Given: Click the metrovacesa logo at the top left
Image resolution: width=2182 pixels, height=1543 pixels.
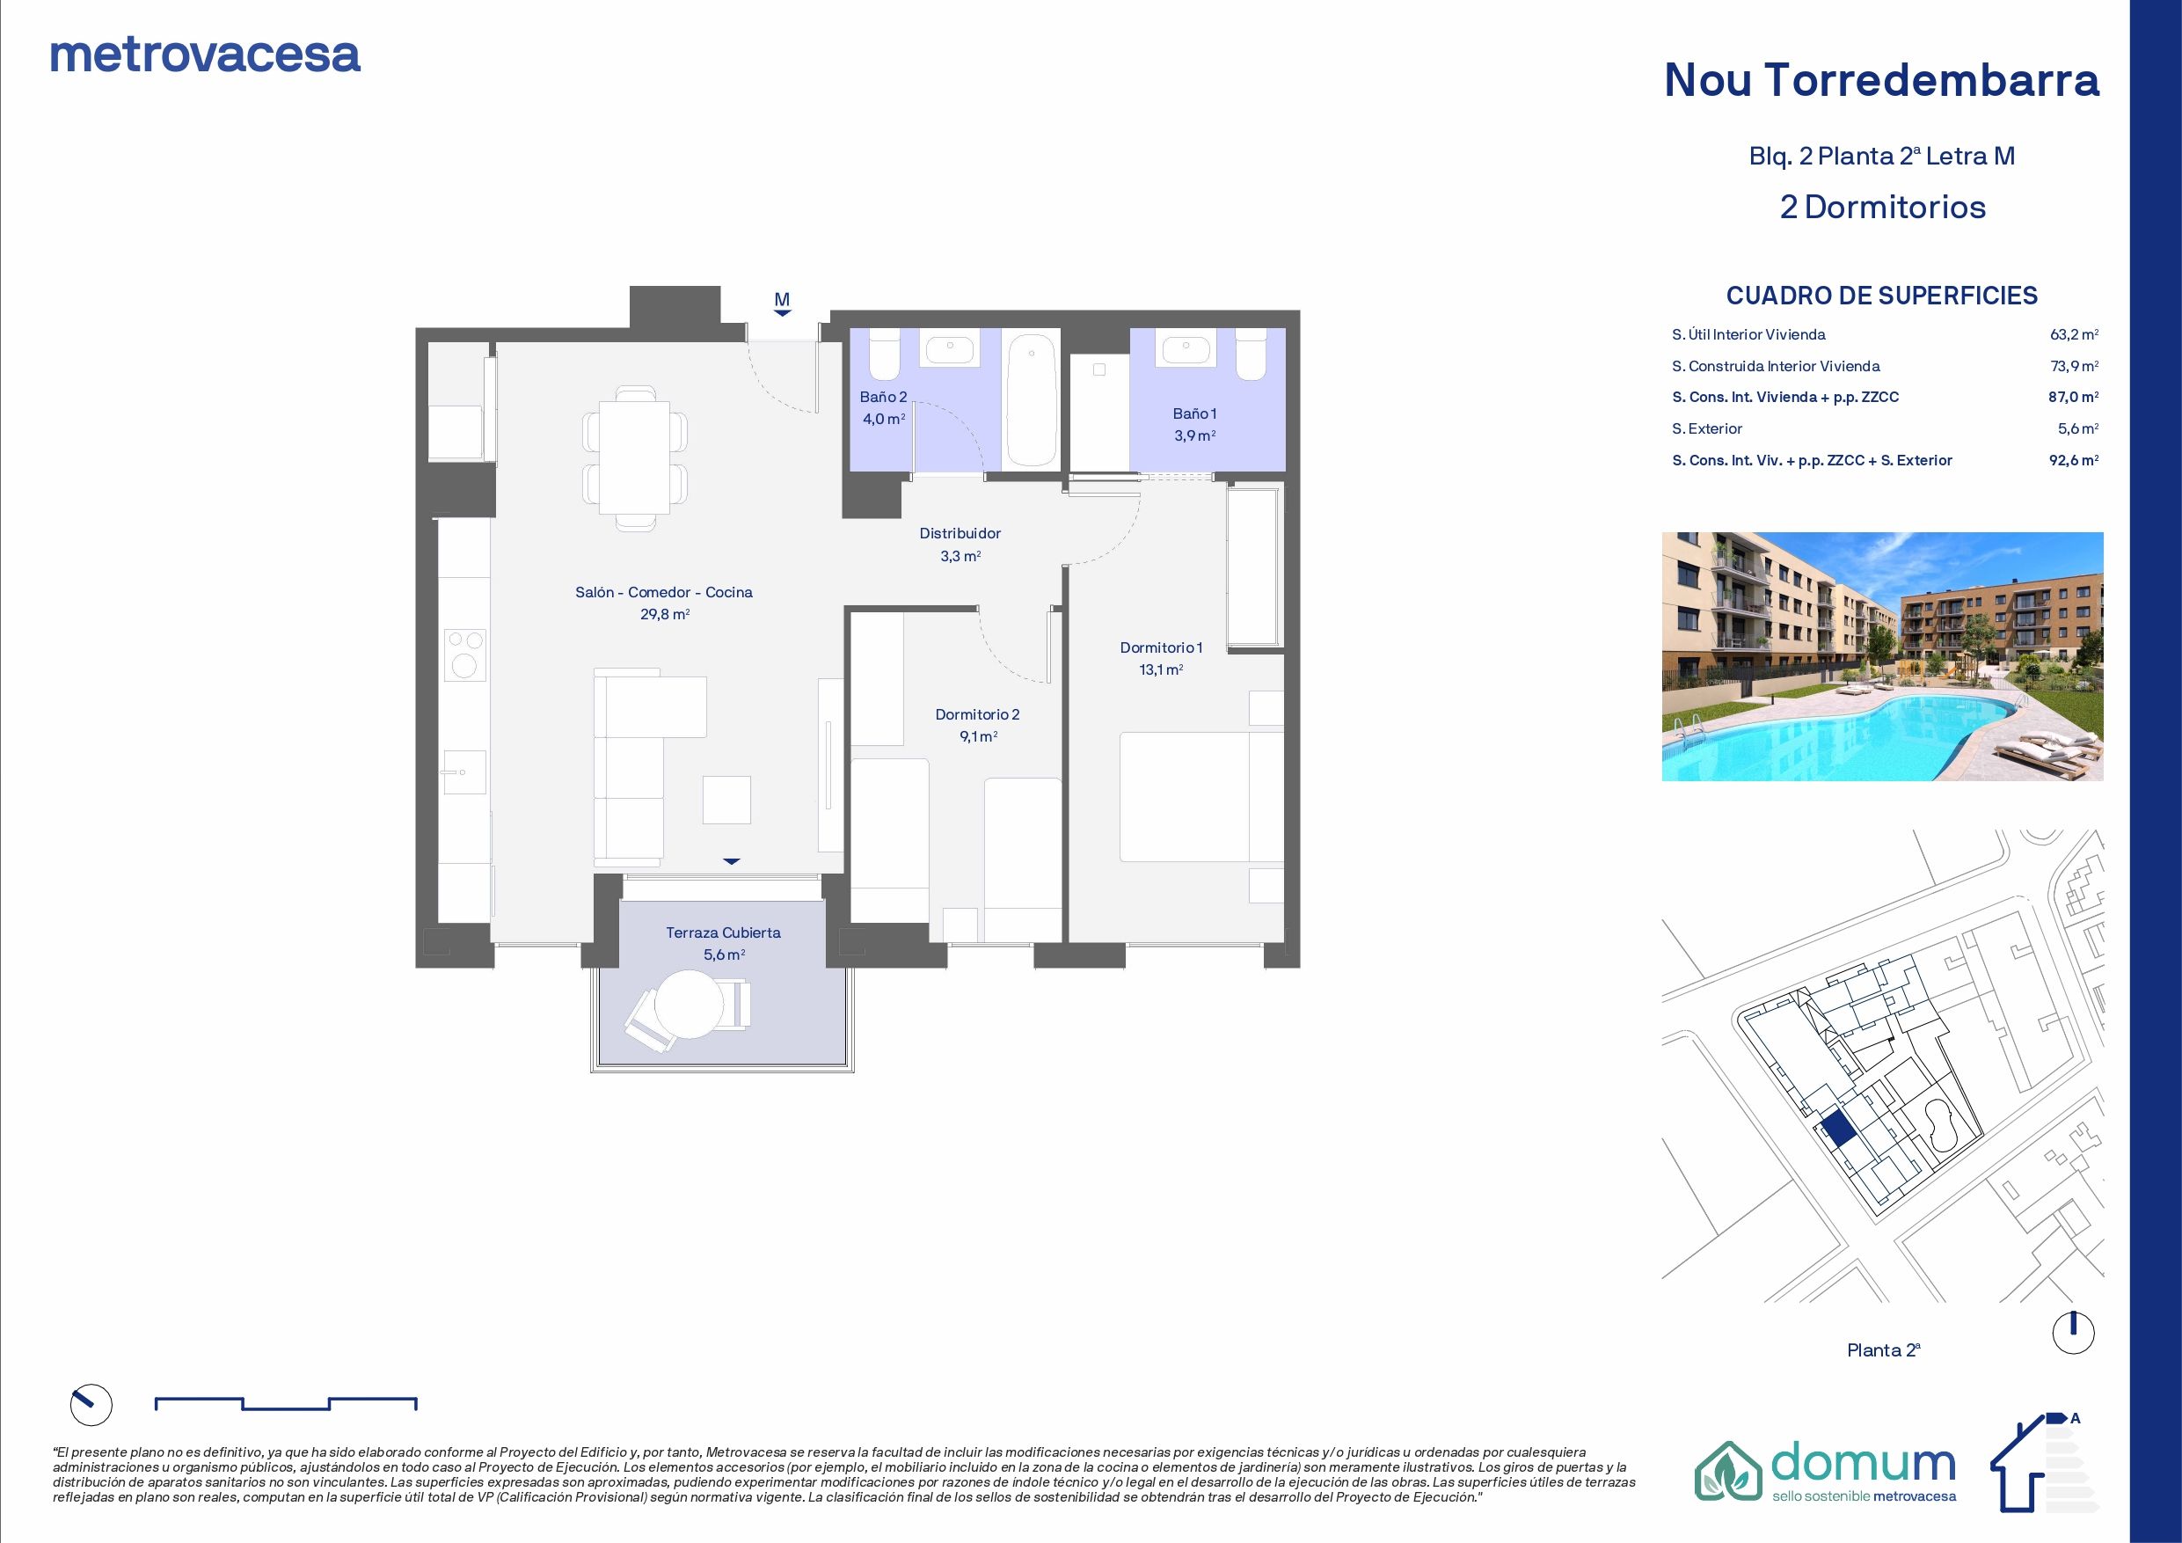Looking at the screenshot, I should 204,55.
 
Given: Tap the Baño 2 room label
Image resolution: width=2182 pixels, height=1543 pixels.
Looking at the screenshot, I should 883,397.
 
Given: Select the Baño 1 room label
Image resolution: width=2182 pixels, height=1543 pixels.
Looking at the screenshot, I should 1193,413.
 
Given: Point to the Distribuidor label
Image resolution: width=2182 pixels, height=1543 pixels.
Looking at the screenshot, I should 960,533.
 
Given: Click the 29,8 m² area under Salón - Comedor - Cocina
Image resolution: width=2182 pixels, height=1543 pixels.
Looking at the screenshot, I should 663,614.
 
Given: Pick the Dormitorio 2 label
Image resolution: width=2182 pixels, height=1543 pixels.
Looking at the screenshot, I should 977,714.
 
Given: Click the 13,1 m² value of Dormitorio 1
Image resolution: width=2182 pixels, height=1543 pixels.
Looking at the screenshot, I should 1160,669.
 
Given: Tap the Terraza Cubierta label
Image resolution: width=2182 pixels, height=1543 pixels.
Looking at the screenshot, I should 722,932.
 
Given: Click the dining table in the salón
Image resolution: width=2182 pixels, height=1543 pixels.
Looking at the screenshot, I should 635,457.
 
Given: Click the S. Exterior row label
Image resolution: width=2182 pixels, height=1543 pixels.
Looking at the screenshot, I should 1707,428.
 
